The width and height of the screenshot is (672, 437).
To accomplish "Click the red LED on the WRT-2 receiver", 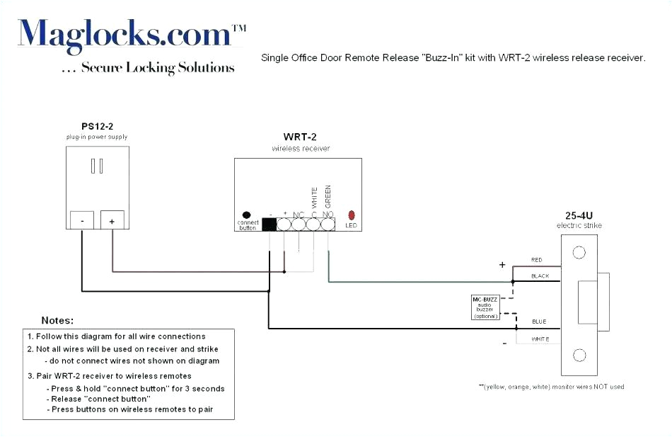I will (352, 215).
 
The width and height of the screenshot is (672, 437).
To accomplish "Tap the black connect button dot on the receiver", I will (246, 215).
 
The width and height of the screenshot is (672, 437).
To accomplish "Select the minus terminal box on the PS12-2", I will (83, 220).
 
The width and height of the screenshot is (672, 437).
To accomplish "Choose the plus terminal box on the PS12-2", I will (112, 220).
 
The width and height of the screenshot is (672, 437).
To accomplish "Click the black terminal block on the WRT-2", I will (270, 225).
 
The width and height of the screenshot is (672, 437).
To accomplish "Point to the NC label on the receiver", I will (299, 214).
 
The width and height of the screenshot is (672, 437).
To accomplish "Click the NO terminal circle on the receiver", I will (328, 225).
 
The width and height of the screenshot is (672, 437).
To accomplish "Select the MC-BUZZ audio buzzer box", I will (487, 307).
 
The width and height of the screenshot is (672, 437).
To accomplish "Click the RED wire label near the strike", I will (537, 260).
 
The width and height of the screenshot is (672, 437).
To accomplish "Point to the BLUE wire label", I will (539, 322).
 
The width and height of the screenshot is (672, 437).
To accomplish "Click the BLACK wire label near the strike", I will (540, 276).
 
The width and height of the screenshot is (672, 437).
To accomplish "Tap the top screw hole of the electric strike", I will (579, 252).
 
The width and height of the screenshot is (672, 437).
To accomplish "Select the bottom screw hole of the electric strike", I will (579, 356).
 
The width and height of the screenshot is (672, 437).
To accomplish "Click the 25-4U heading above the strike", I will (579, 215).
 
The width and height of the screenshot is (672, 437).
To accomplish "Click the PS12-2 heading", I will (97, 126).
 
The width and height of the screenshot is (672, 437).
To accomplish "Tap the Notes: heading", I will (57, 321).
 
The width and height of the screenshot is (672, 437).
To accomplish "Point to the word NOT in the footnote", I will (592, 387).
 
